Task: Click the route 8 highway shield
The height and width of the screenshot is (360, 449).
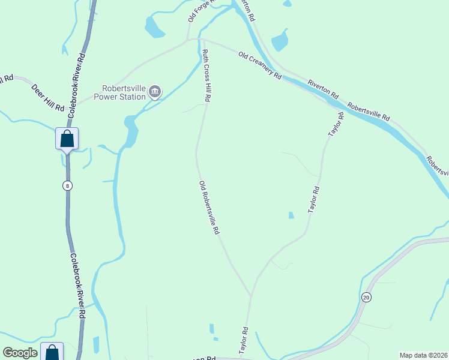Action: [x=67, y=186]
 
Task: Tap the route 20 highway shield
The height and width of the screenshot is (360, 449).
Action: [x=366, y=297]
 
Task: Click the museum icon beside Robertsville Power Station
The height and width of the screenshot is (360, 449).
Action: [x=155, y=92]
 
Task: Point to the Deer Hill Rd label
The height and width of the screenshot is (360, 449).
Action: [x=47, y=98]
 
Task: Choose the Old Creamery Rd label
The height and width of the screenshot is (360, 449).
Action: [x=260, y=66]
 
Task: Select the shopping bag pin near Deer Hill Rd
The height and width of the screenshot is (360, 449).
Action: [x=67, y=139]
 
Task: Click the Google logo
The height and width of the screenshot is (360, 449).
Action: [x=20, y=353]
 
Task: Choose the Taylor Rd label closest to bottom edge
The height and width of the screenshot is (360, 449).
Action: [x=244, y=340]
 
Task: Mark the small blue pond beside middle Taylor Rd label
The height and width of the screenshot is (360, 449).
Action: [x=291, y=215]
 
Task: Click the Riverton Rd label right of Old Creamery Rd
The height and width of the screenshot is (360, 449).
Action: [x=323, y=89]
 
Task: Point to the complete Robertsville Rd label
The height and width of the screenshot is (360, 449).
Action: [x=369, y=110]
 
